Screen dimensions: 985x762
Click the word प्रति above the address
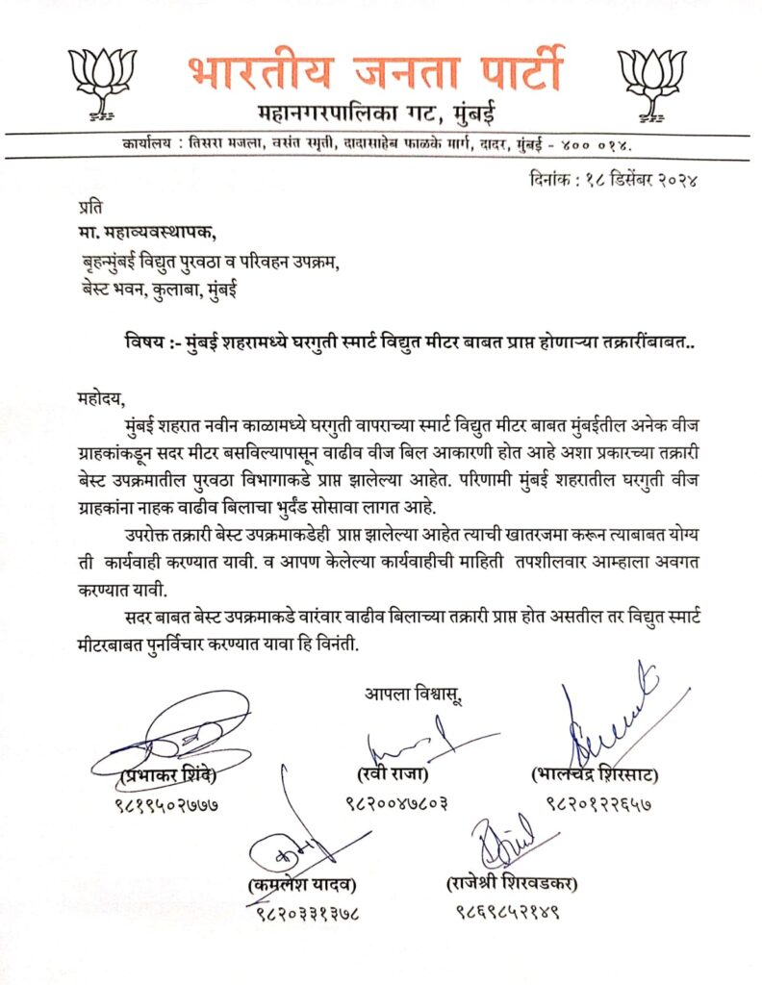click(88, 206)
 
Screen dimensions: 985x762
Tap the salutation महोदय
click(101, 394)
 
